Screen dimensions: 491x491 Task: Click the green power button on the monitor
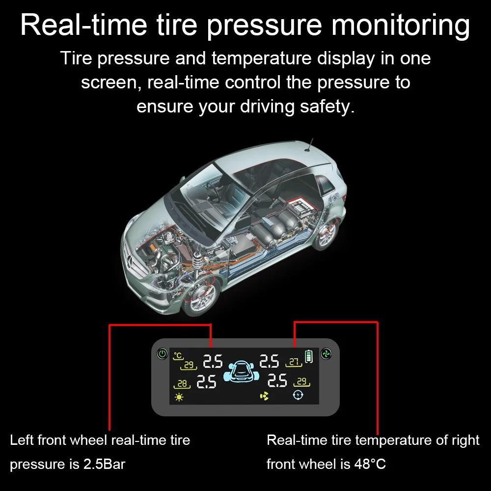[162, 354]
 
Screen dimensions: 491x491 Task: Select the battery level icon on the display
[308, 356]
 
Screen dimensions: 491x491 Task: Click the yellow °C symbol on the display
[178, 355]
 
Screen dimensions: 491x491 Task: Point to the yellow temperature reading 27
[294, 362]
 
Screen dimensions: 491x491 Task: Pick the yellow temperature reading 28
[182, 383]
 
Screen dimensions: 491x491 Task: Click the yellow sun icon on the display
[178, 397]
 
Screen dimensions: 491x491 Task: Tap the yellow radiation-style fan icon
[265, 396]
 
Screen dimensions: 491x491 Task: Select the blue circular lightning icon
[298, 396]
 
